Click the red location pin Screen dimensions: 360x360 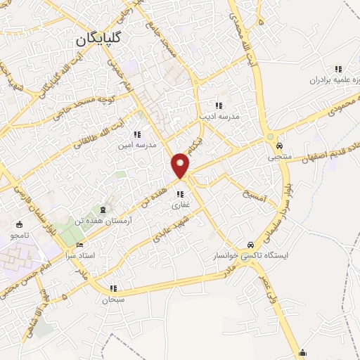point(181,165)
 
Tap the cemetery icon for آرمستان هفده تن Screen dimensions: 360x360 point(104,209)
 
